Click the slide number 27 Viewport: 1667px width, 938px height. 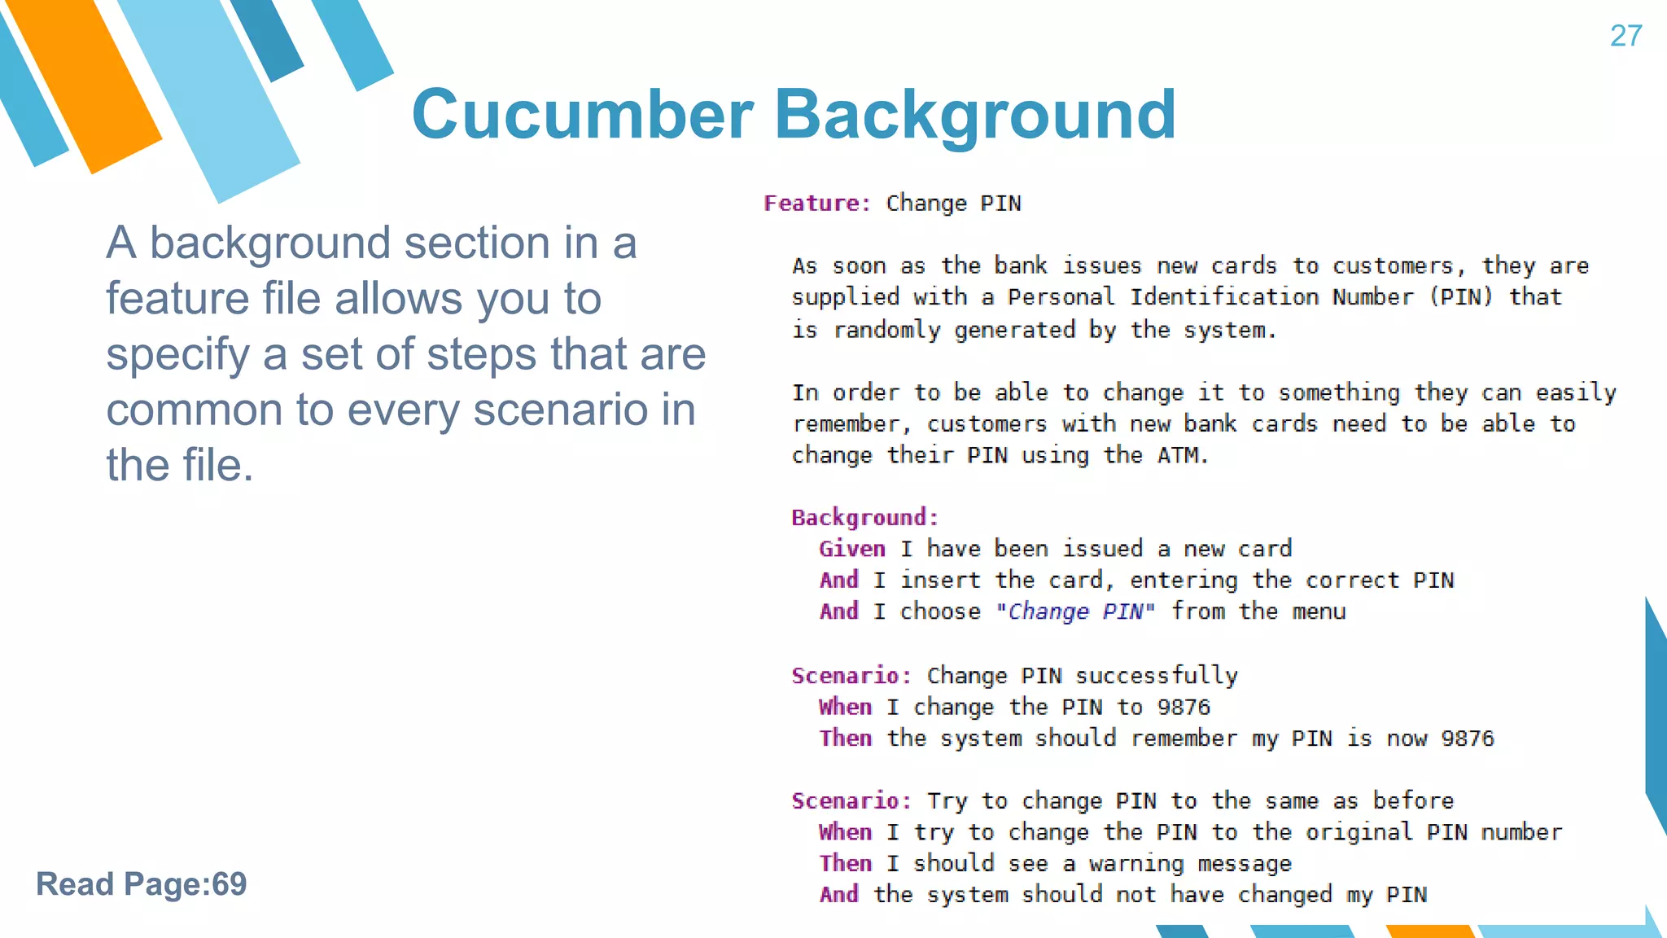(x=1625, y=36)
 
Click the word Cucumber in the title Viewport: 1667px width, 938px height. (x=583, y=115)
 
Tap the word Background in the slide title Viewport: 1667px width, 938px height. (x=974, y=115)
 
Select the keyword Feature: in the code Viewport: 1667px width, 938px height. (x=817, y=204)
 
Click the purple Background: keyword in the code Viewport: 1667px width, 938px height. (x=864, y=518)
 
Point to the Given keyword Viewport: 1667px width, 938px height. (x=851, y=549)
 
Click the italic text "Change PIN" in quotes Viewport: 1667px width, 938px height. (x=1075, y=611)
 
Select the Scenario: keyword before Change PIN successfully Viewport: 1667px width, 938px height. (x=851, y=676)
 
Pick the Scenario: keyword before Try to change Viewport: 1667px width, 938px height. (x=851, y=801)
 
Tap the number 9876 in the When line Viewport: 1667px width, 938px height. (x=1184, y=707)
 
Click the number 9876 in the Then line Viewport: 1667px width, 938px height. (x=1468, y=739)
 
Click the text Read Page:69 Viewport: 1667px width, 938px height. (x=141, y=884)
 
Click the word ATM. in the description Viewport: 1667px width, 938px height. (x=1183, y=455)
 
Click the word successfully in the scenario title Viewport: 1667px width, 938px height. (x=1156, y=676)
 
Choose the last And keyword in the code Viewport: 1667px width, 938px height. (x=838, y=895)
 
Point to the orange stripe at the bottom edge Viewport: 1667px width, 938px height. (x=1430, y=931)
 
